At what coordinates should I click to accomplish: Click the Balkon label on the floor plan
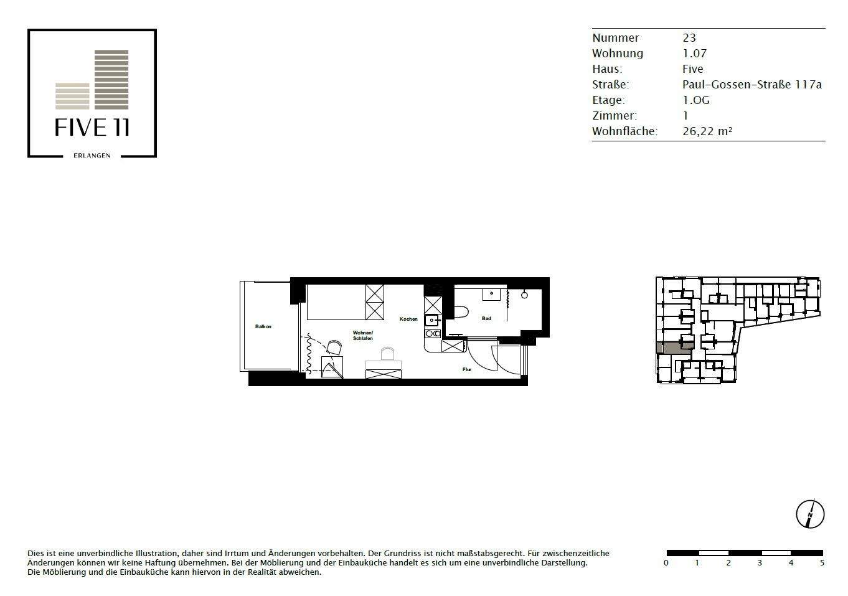pos(263,326)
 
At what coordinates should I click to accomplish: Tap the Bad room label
pos(486,318)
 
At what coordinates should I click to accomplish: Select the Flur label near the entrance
pos(466,369)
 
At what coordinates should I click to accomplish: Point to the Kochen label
pos(408,319)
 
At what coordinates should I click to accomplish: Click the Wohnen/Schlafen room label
pos(362,335)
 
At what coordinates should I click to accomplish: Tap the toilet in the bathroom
pos(461,311)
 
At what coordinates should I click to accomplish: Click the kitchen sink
pos(431,321)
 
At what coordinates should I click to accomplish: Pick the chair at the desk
pos(387,354)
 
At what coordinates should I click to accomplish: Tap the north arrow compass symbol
pos(810,514)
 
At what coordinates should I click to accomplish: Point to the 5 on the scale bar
pos(822,563)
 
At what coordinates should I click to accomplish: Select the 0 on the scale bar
pos(666,563)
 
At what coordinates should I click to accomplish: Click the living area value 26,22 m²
pos(707,131)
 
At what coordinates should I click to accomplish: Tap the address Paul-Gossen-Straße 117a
pos(751,85)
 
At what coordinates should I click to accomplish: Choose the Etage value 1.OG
pos(695,100)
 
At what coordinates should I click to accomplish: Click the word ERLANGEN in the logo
pos(92,156)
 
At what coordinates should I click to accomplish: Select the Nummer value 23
pos(689,38)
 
